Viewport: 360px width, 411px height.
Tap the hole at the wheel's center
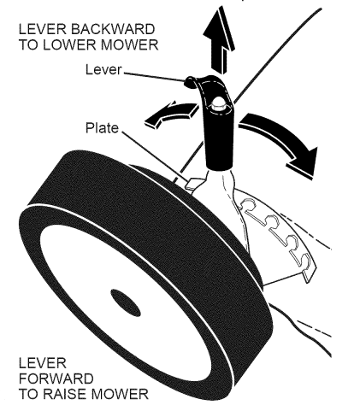click(x=130, y=301)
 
